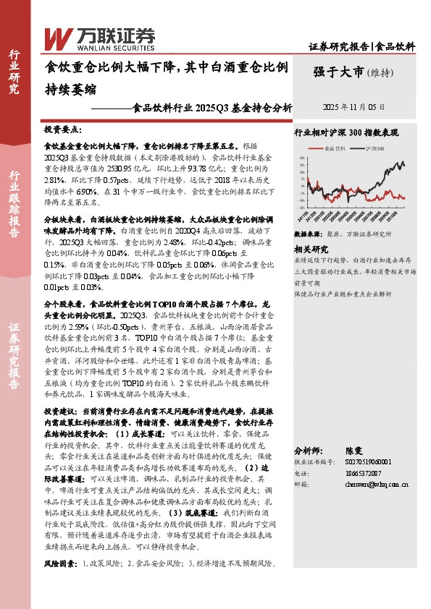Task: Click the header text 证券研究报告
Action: [x=340, y=46]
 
